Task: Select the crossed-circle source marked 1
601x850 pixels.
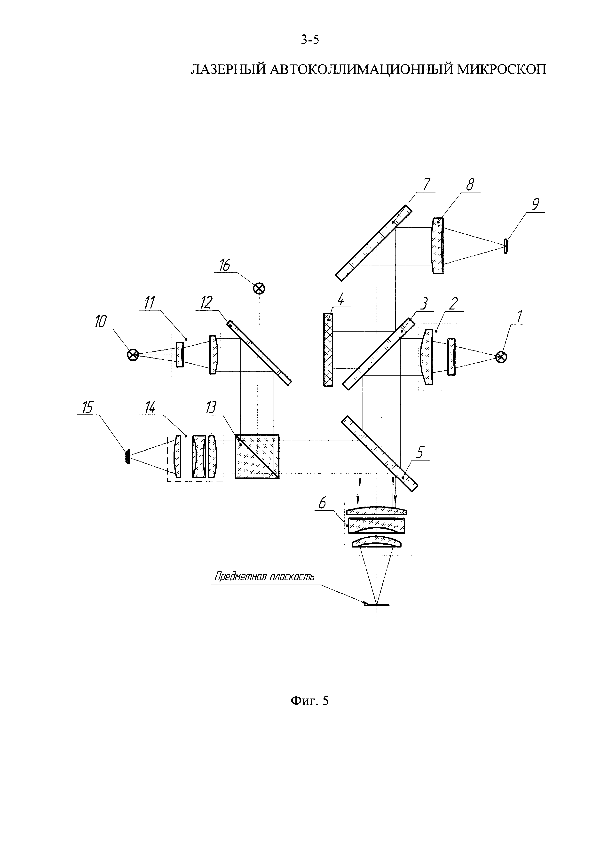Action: (501, 357)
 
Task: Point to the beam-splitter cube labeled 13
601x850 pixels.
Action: (257, 456)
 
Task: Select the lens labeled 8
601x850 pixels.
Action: (437, 246)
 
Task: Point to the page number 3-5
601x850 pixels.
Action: (310, 40)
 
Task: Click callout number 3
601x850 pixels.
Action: (425, 304)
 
